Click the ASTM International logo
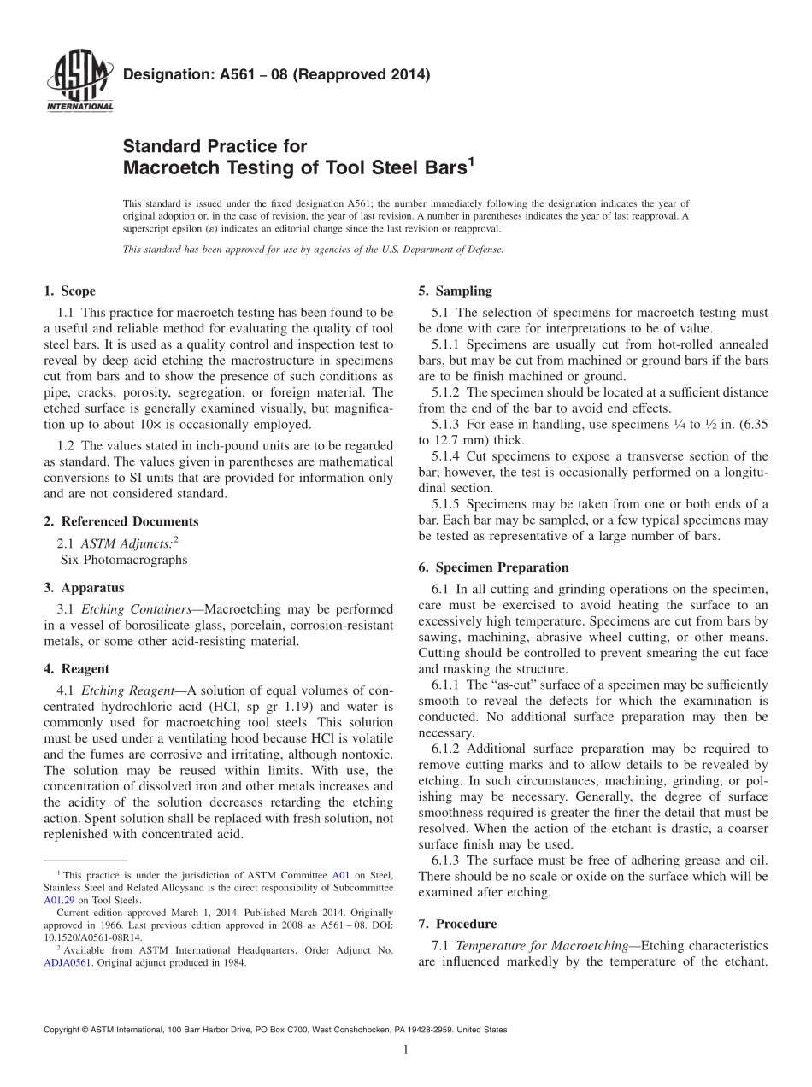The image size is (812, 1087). click(79, 82)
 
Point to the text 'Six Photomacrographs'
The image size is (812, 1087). click(123, 560)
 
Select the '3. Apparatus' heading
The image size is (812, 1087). click(83, 588)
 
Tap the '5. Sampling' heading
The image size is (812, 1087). click(455, 291)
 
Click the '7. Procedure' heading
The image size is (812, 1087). click(457, 924)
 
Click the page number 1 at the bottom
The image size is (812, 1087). click(406, 1049)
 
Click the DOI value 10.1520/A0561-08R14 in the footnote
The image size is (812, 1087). click(85, 936)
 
